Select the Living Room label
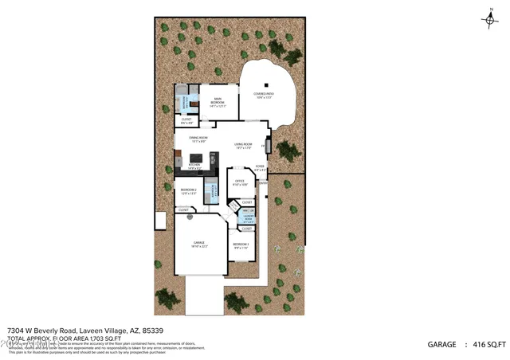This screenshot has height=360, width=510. click(x=243, y=146)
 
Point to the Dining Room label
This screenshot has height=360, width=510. click(x=198, y=139)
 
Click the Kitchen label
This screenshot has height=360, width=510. click(x=194, y=166)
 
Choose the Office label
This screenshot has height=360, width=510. click(x=240, y=182)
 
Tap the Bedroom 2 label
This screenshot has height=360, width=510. click(x=189, y=190)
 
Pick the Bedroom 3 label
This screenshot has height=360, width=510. click(x=241, y=245)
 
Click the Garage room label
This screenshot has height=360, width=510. click(x=199, y=244)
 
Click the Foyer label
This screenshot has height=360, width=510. click(x=261, y=169)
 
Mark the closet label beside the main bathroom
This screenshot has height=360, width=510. click(x=186, y=122)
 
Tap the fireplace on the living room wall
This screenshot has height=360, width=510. click(x=268, y=147)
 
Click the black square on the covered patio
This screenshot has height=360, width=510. click(x=268, y=85)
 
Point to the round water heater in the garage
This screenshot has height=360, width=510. click(x=190, y=217)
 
